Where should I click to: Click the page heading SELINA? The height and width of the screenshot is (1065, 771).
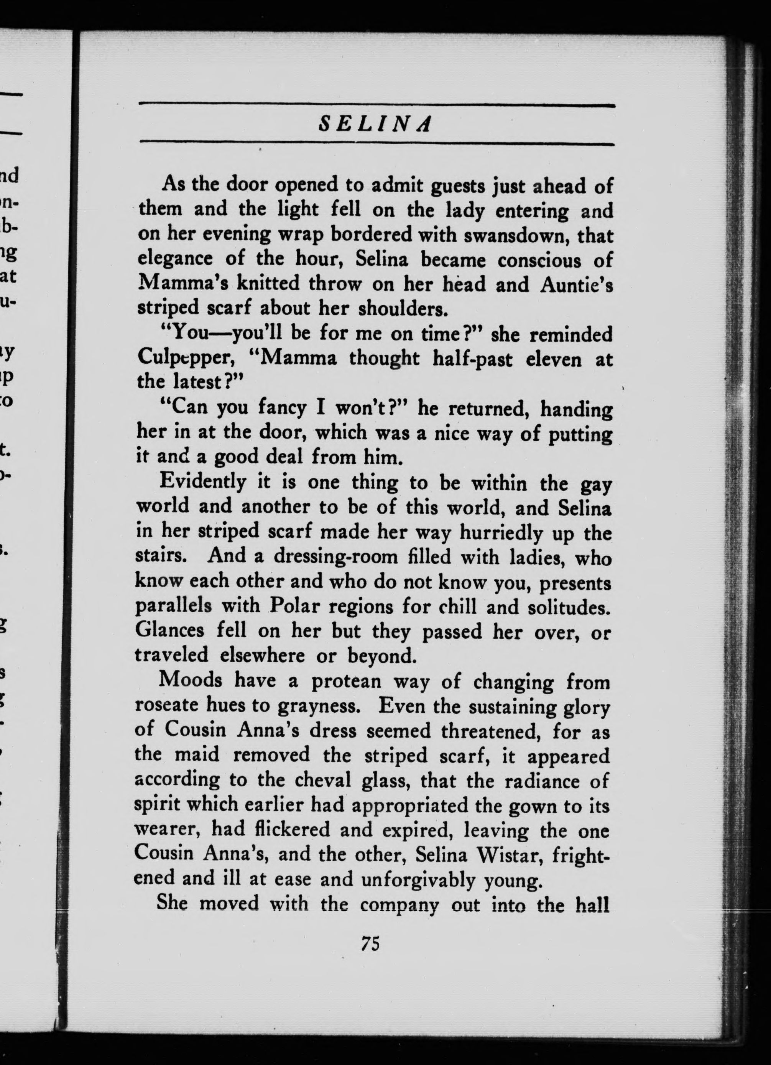(375, 125)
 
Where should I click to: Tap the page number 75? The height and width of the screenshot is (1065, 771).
(370, 943)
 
